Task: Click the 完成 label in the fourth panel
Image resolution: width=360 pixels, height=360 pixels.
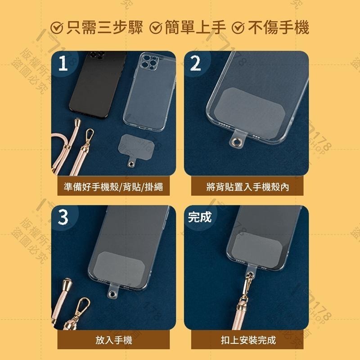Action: [199, 217]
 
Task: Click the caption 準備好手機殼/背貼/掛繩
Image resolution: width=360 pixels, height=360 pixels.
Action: [110, 187]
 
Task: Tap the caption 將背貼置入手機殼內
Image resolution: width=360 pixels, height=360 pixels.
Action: [247, 187]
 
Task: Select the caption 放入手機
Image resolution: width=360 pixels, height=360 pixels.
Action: [110, 340]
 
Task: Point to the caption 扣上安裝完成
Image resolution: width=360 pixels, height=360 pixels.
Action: [247, 340]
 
